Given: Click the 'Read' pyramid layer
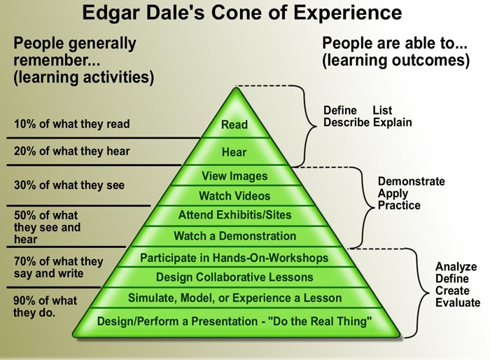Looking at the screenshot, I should click(x=234, y=125).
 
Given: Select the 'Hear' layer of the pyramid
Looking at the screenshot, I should click(x=234, y=151).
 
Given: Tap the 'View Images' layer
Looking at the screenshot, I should click(x=234, y=176).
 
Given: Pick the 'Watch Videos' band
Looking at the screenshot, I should click(x=234, y=195).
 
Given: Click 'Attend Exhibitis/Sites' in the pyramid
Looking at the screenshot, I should click(x=234, y=215).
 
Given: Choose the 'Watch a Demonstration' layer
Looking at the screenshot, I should click(x=234, y=236).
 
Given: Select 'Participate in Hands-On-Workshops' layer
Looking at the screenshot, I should click(x=234, y=258).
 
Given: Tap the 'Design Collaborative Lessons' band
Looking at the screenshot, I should click(x=234, y=277).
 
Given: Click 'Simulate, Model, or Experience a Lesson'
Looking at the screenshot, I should click(x=234, y=298).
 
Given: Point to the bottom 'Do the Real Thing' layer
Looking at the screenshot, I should click(x=234, y=321).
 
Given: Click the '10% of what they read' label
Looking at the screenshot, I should click(x=71, y=125).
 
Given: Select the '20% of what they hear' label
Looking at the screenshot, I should click(x=71, y=151).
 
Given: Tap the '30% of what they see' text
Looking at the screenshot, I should click(x=69, y=186).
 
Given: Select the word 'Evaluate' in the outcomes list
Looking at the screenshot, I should click(x=458, y=303).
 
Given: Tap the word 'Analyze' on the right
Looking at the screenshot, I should click(x=456, y=267).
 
